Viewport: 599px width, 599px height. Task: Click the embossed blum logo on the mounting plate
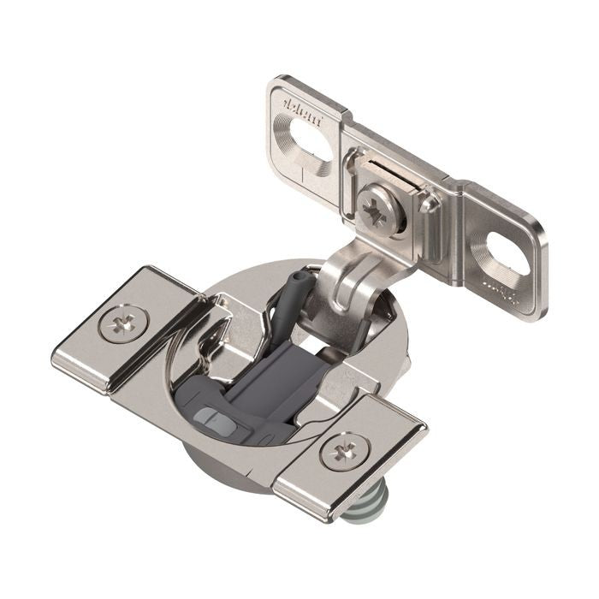(303, 112)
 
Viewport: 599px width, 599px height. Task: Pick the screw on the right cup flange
(345, 451)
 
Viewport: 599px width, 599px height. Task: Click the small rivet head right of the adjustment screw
(429, 203)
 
